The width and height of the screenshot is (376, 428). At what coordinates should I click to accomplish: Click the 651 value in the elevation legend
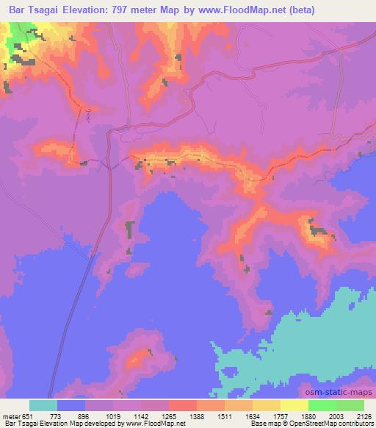pyautogui.click(x=28, y=415)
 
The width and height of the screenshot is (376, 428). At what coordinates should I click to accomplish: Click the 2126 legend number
pyautogui.click(x=363, y=415)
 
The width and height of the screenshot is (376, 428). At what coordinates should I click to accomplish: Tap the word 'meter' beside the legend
pyautogui.click(x=11, y=415)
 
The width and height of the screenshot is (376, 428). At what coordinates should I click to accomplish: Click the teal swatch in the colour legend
pyautogui.click(x=43, y=405)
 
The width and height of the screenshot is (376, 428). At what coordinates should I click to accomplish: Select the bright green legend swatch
pyautogui.click(x=322, y=405)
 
